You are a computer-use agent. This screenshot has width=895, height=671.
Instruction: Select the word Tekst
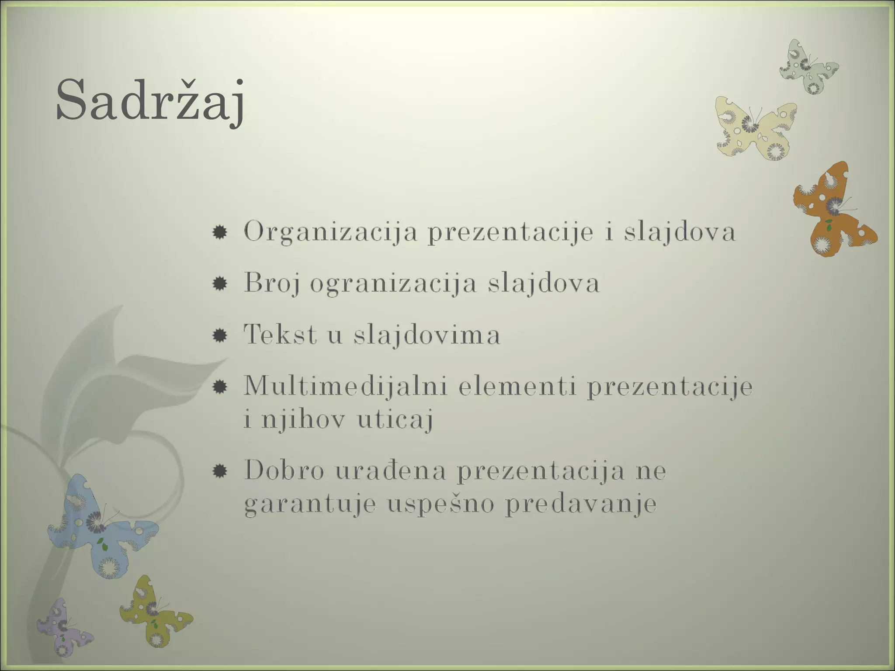280,335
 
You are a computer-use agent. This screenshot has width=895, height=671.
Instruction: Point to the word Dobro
284,470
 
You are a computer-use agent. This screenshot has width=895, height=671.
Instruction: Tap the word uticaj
395,419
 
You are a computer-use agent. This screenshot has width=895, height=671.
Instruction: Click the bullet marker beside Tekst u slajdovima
219,335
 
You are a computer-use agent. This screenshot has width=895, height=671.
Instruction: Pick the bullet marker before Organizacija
219,232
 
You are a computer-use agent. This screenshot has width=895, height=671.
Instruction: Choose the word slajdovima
427,335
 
